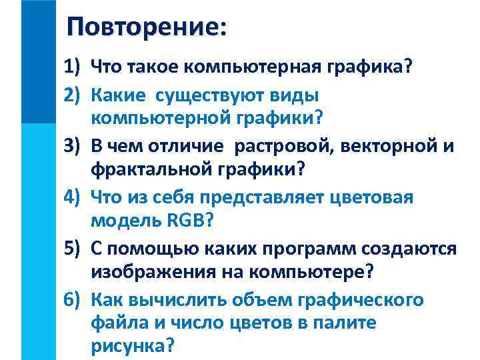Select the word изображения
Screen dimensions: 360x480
[x=153, y=272]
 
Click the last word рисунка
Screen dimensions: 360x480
[x=131, y=347]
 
